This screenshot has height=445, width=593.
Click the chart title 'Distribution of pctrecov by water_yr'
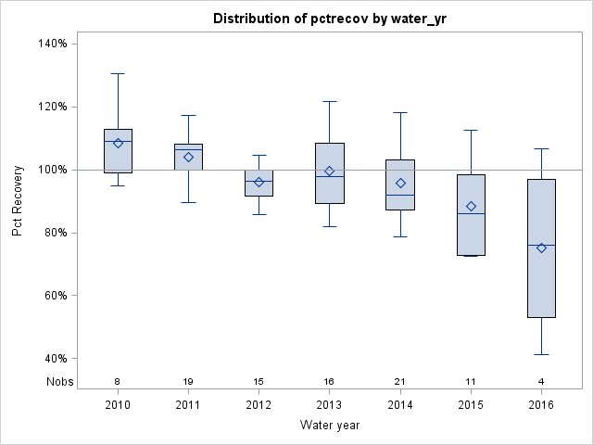(x=330, y=19)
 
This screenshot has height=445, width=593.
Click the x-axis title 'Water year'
(x=330, y=425)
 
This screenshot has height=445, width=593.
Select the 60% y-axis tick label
(x=53, y=296)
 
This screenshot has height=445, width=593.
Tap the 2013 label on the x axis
(x=330, y=405)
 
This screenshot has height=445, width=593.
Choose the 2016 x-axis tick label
(x=541, y=405)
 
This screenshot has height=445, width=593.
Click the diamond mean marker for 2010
(x=118, y=143)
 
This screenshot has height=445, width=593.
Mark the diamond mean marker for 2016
(x=541, y=248)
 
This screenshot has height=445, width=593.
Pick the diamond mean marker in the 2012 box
(x=259, y=182)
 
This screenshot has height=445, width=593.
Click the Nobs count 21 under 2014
(x=400, y=381)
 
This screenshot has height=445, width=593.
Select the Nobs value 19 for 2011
(x=188, y=381)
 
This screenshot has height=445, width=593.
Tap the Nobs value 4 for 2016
(x=541, y=381)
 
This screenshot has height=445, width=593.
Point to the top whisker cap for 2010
(x=118, y=73)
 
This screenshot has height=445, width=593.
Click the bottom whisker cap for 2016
(x=541, y=354)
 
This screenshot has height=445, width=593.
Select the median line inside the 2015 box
(x=471, y=213)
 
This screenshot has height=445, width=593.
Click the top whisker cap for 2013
(x=330, y=101)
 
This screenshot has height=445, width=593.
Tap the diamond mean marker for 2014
(x=400, y=183)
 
